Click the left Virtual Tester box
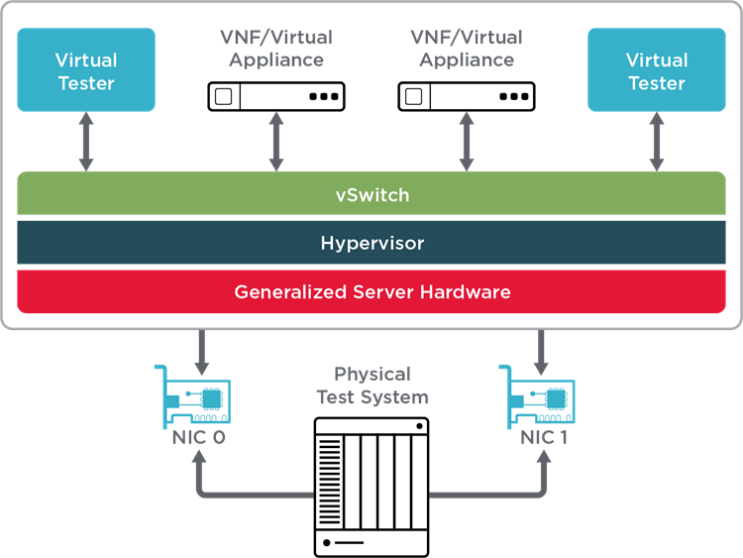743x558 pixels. [x=86, y=70]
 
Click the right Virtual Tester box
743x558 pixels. [x=657, y=70]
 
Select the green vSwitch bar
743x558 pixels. [x=371, y=194]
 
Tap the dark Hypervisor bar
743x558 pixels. [x=371, y=243]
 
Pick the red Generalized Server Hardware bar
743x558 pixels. [x=371, y=291]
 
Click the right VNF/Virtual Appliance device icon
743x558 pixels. [x=467, y=96]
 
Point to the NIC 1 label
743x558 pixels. [x=544, y=436]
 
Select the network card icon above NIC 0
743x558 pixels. [x=198, y=396]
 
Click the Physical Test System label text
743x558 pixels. [x=372, y=386]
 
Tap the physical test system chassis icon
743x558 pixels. [x=371, y=485]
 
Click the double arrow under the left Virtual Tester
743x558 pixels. [x=86, y=142]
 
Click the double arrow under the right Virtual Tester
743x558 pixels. [x=657, y=142]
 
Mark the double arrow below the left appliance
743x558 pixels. [x=276, y=142]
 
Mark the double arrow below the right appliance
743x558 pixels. [x=467, y=142]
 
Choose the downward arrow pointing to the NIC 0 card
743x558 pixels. [x=201, y=348]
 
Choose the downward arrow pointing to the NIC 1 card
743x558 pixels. [x=542, y=348]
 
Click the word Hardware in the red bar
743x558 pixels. [x=464, y=291]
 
